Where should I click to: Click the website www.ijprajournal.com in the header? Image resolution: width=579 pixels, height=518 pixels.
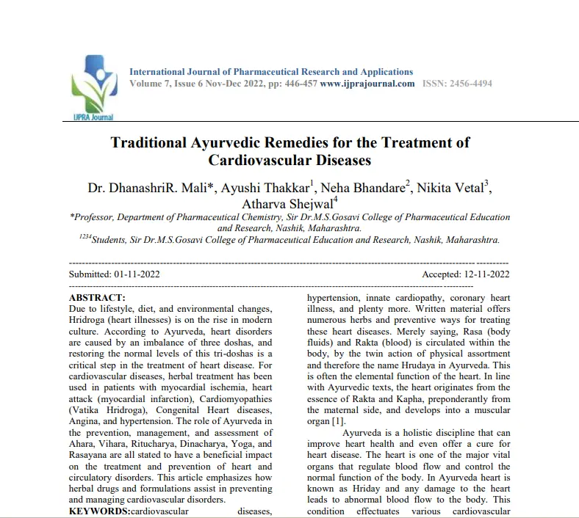367,84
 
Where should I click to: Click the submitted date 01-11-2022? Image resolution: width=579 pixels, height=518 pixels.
137,274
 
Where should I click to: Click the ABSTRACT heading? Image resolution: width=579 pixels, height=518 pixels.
97,298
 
